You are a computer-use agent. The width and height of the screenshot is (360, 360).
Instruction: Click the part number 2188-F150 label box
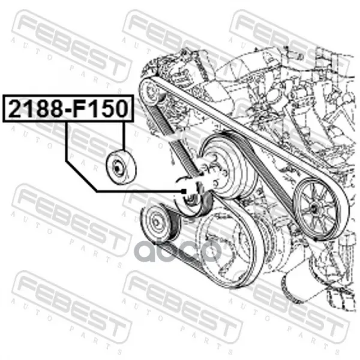pyautogui.click(x=68, y=109)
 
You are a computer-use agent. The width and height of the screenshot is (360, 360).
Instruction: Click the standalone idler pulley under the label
pyautogui.click(x=121, y=167)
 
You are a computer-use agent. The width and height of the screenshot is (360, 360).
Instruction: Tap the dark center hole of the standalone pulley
pyautogui.click(x=118, y=169)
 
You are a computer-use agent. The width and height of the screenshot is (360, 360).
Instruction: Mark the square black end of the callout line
pyautogui.click(x=184, y=191)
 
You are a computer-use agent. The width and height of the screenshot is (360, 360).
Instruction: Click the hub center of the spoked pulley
pyautogui.click(x=313, y=208)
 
